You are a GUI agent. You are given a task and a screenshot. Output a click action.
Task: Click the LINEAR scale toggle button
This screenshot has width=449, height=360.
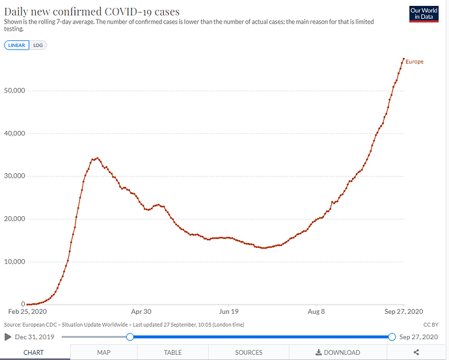tap(16, 45)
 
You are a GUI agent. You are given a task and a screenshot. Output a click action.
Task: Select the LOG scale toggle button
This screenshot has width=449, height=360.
tap(38, 45)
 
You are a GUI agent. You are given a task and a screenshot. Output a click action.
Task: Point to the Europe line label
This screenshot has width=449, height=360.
tap(415, 62)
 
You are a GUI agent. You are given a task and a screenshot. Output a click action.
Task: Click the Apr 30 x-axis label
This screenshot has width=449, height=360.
tap(141, 311)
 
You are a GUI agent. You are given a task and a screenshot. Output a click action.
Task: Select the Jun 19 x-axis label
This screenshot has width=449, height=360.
tap(229, 311)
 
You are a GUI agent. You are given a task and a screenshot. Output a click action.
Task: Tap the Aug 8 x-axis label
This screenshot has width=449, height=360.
tap(316, 311)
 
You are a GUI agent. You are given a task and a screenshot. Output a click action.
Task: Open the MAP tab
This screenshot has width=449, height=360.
tap(103, 352)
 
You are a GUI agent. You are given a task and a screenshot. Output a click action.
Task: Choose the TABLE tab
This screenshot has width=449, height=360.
tap(172, 352)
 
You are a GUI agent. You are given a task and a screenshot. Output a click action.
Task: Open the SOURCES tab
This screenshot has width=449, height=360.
tap(249, 352)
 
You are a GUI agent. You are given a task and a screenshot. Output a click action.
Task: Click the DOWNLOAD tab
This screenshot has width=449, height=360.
tap(338, 352)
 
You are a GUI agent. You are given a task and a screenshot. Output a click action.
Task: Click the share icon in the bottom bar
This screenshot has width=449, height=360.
tap(416, 352)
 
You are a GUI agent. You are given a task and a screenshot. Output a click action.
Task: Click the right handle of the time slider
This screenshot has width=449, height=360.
tap(392, 337)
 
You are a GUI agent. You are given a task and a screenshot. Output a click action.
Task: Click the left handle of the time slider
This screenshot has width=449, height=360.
tap(130, 337)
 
